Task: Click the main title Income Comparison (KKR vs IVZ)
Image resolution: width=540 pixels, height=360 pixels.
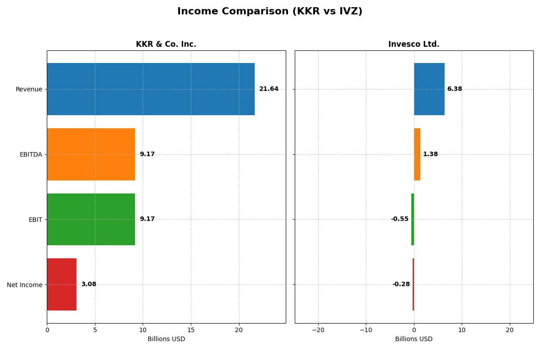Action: [x=270, y=12]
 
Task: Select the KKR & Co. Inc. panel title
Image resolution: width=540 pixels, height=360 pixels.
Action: [x=166, y=45]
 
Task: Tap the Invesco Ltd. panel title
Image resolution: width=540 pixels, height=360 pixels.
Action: [x=414, y=45]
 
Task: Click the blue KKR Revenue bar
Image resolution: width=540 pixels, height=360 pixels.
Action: [x=151, y=89]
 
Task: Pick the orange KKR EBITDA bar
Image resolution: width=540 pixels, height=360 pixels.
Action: [x=91, y=154]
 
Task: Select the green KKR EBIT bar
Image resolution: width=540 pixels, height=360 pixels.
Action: [x=91, y=219]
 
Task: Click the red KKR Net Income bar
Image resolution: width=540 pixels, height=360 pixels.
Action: [x=62, y=284]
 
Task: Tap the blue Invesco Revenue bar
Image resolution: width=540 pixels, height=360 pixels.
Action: [x=429, y=89]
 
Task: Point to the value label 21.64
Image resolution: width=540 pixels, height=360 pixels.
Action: [x=269, y=89]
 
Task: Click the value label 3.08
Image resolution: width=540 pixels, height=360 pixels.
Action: [x=89, y=284]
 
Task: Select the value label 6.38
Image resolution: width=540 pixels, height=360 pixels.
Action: [x=454, y=89]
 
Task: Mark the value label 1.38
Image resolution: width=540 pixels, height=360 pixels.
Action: [x=430, y=154]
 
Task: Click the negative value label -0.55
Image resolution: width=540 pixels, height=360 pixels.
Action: [x=400, y=219]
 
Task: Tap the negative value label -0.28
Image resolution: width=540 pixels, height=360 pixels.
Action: [x=401, y=284]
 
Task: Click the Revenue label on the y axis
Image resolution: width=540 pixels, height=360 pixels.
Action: [x=29, y=89]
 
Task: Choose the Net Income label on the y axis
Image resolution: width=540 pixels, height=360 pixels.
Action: [x=25, y=284]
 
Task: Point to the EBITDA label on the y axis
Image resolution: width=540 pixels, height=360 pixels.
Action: [x=31, y=154]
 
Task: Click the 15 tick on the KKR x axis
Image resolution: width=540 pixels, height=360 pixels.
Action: [x=191, y=330]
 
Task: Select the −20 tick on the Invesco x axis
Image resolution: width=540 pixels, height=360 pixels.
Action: [x=318, y=330]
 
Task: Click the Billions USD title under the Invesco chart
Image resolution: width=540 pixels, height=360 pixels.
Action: [x=414, y=339]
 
